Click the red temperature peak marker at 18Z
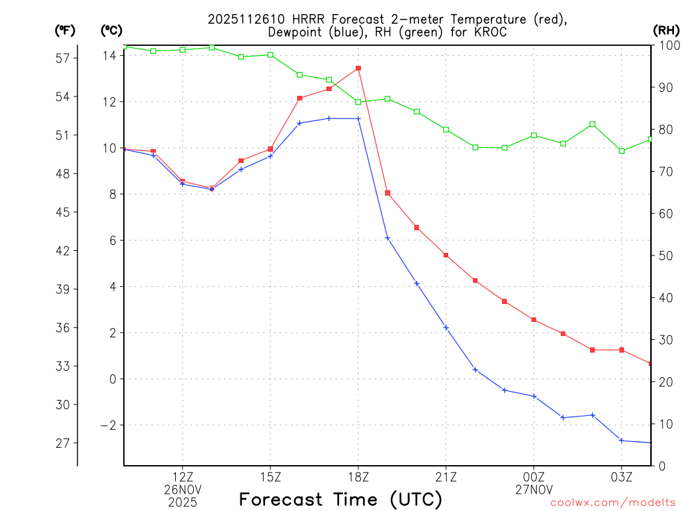point(358,68)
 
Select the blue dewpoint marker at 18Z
point(358,118)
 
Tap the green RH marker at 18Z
point(358,102)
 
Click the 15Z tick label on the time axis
point(270,476)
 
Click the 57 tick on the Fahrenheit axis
point(63,58)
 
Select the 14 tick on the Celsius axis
point(109,56)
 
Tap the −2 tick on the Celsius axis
point(107,425)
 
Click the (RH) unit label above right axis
point(666,30)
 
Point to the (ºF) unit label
point(65,30)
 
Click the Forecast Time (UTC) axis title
point(340,499)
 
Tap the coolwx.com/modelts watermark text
point(613,503)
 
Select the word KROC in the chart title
point(489,31)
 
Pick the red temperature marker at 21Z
point(446,255)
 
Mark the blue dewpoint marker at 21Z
point(446,327)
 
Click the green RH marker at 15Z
point(270,55)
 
